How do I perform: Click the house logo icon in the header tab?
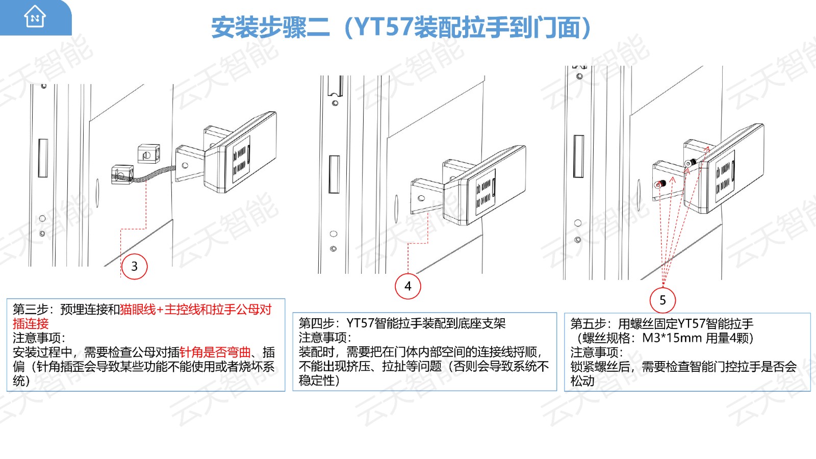(35, 16)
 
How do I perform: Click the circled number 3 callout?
(135, 266)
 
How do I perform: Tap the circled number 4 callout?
(408, 286)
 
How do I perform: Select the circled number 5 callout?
(662, 300)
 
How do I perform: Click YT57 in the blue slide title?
(384, 27)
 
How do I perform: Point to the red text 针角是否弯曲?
(215, 352)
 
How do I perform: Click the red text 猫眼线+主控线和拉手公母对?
(196, 309)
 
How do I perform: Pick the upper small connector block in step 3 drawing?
(148, 154)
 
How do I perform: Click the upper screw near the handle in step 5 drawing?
(691, 163)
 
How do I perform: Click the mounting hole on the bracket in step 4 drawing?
(421, 198)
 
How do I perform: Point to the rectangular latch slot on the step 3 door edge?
(43, 158)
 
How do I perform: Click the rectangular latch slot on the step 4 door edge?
(334, 174)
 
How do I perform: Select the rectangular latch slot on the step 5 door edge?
(578, 156)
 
